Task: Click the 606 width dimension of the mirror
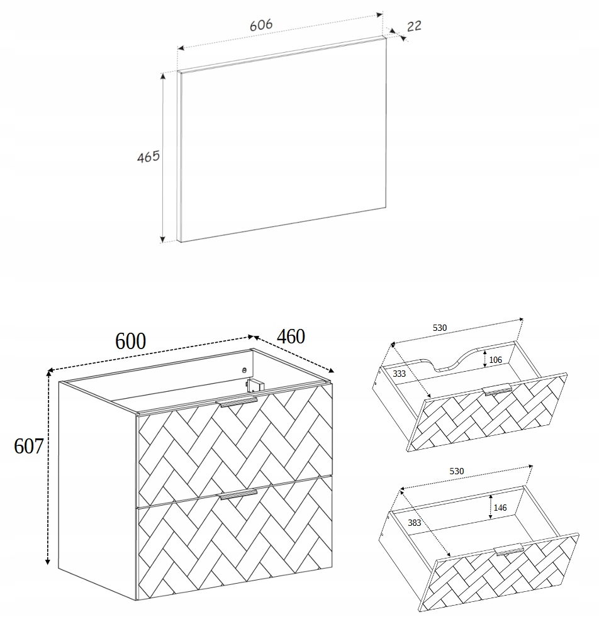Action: click(261, 25)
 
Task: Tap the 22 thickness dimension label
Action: click(413, 26)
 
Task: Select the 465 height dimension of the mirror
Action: click(148, 157)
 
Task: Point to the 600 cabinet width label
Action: click(130, 341)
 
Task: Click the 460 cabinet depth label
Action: click(291, 336)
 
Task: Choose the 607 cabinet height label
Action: click(28, 446)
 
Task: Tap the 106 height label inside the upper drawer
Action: click(495, 360)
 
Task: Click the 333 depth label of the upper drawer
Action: click(399, 374)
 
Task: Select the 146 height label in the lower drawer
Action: click(500, 508)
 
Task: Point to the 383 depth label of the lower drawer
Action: click(415, 523)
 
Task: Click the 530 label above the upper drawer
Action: click(440, 328)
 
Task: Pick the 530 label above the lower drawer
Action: click(457, 471)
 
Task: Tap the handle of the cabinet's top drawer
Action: click(238, 402)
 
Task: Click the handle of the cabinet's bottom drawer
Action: click(238, 494)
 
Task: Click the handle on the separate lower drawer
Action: click(509, 550)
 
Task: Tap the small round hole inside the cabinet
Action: click(244, 370)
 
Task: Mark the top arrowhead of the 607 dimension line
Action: click(48, 372)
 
